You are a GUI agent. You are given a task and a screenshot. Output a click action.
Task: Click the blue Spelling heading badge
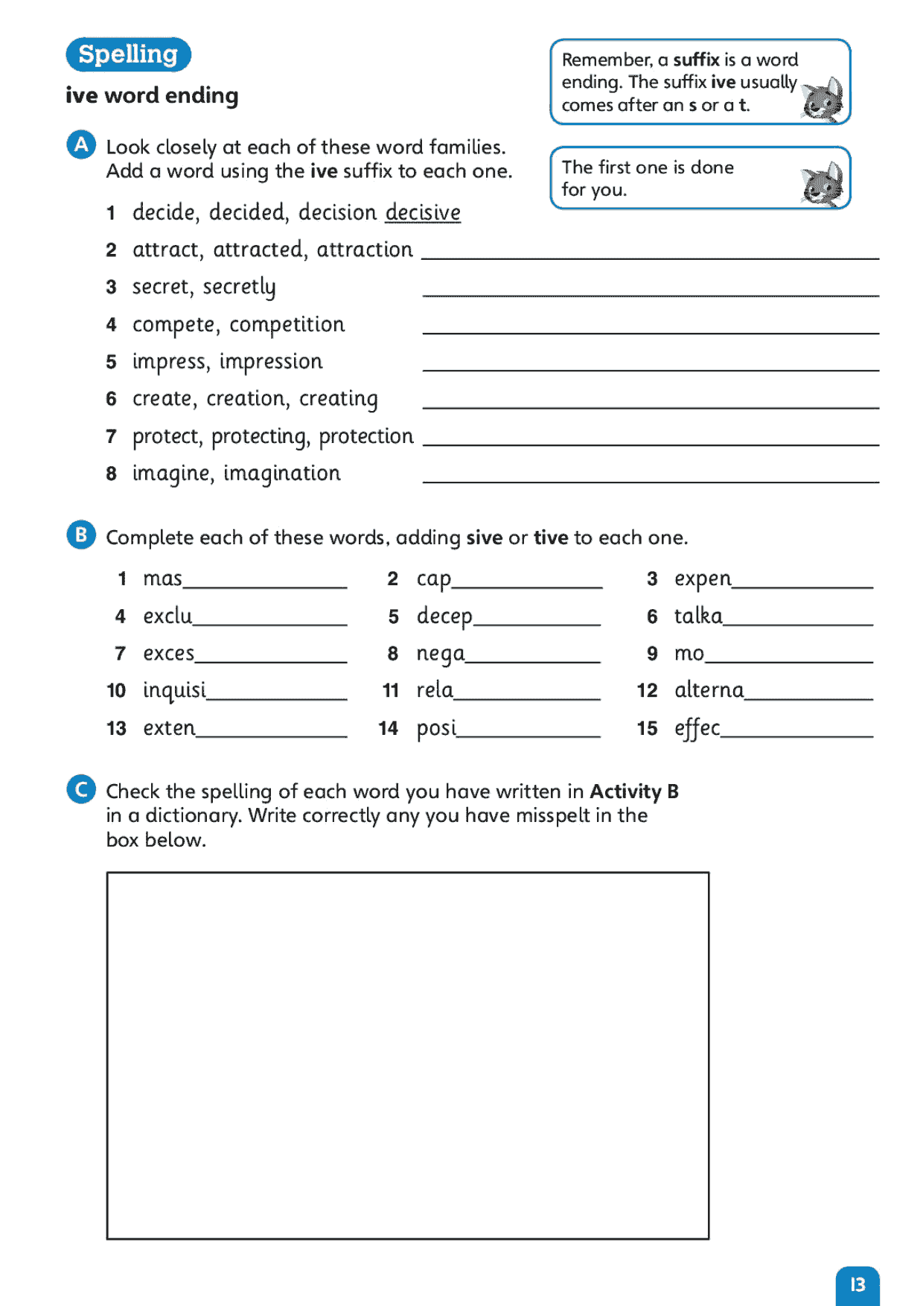(x=128, y=54)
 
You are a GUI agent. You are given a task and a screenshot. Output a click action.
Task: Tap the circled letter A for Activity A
(x=81, y=144)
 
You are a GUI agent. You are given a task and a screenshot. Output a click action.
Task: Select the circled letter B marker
(x=81, y=535)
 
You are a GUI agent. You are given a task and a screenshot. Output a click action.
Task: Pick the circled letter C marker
(x=81, y=789)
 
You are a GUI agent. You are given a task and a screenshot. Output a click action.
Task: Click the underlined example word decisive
(x=423, y=213)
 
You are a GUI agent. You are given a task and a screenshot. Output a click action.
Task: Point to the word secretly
(x=239, y=287)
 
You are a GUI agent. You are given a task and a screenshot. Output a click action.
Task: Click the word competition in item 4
(x=287, y=325)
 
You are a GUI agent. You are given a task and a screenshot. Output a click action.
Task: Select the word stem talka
(x=698, y=616)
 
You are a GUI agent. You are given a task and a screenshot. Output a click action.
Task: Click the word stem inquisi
(x=174, y=690)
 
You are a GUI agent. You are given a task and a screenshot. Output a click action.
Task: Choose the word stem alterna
(x=709, y=690)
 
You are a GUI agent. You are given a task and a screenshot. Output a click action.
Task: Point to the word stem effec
(x=697, y=728)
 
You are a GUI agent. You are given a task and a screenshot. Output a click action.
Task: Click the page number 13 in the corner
(x=857, y=1284)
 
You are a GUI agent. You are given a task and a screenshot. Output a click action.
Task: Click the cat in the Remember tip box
(x=823, y=99)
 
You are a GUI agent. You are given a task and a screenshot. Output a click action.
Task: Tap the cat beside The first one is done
(x=823, y=185)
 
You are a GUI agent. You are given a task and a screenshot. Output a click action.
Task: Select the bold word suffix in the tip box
(x=696, y=60)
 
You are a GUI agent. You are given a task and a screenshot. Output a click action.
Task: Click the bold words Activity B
(x=633, y=791)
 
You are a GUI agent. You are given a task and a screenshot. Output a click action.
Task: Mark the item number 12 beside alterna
(x=647, y=691)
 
